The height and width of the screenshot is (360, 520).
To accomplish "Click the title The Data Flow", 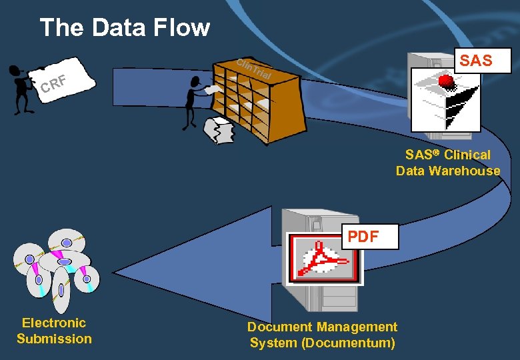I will [125, 27].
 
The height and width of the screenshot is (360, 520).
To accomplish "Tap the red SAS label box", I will [476, 60].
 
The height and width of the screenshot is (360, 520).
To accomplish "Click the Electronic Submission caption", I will [54, 331].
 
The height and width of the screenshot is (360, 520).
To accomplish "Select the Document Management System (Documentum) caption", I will [322, 335].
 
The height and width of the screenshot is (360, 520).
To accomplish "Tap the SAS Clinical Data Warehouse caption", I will [447, 163].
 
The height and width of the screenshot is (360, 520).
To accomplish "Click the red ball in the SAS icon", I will [447, 81].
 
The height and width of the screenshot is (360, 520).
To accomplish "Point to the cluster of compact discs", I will [57, 267].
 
